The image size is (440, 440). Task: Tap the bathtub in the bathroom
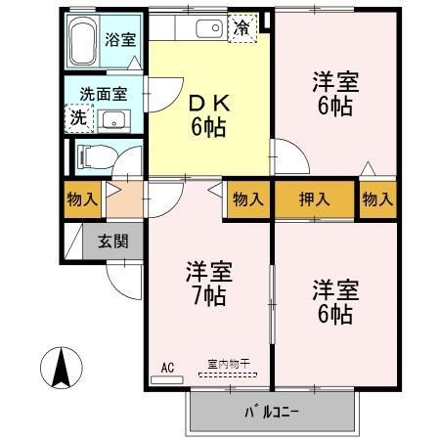point(84,40)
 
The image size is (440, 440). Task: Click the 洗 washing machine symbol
point(77,118)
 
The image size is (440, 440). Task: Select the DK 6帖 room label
point(208,113)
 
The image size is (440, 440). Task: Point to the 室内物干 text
point(228,366)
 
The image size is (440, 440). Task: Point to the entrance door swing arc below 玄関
point(125,279)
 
